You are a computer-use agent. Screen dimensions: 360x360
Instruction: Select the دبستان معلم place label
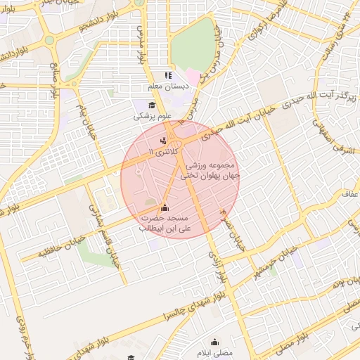pos(160,86)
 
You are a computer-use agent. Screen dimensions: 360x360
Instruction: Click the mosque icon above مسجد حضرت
pos(165,207)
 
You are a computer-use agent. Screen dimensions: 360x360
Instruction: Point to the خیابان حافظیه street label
pos(46,250)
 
